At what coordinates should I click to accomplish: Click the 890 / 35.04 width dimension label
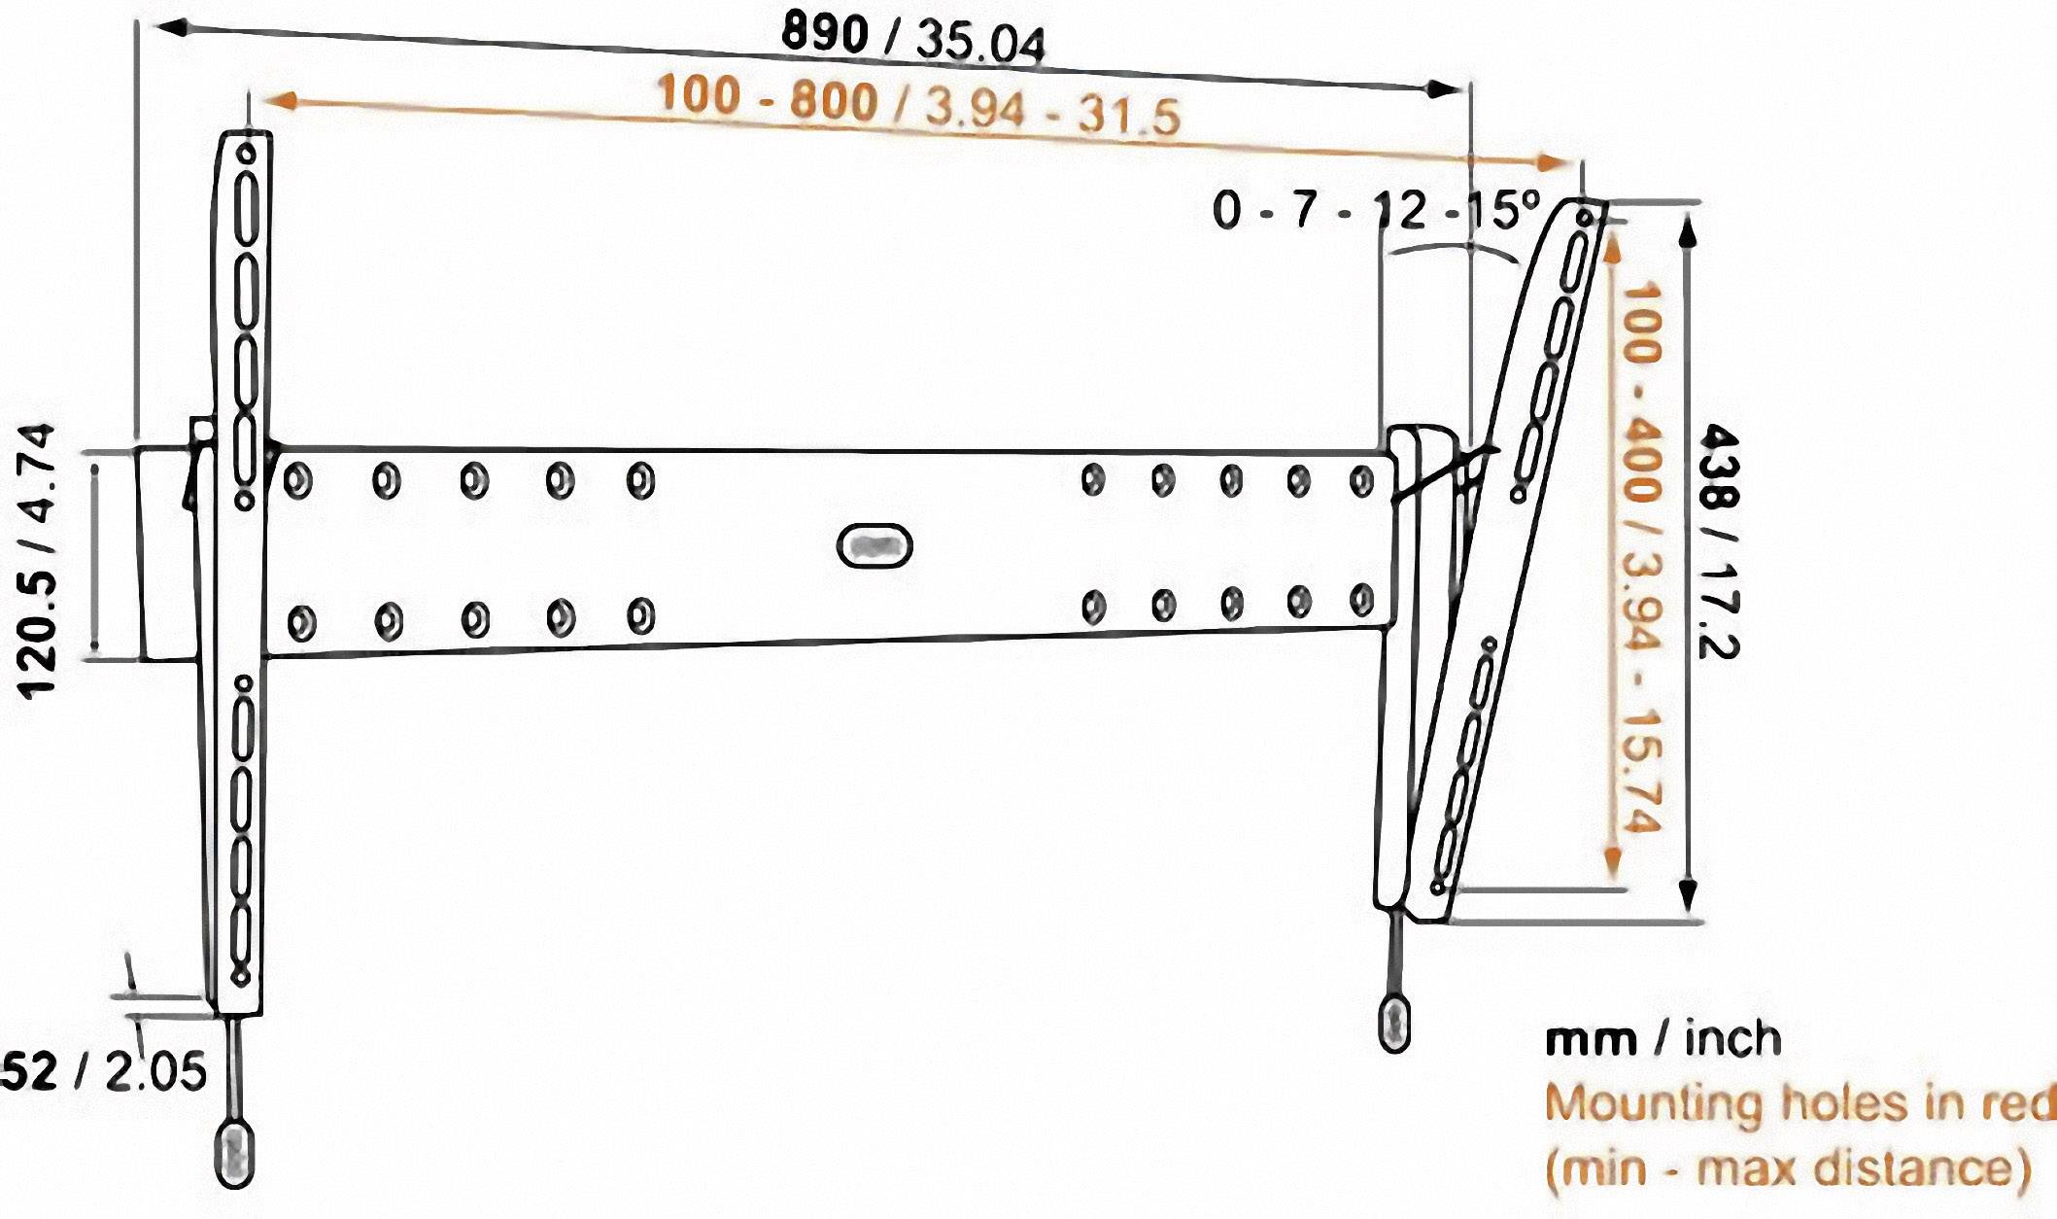(x=913, y=39)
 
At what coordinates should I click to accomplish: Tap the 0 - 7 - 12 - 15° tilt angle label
(x=1376, y=210)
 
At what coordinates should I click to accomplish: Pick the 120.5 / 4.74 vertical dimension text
(x=37, y=560)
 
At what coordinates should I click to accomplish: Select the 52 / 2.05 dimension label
(x=103, y=1071)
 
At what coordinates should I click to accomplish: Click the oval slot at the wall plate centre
(x=874, y=546)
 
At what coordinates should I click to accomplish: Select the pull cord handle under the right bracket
(x=1394, y=1023)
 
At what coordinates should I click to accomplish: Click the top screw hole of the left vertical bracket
(x=246, y=154)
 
